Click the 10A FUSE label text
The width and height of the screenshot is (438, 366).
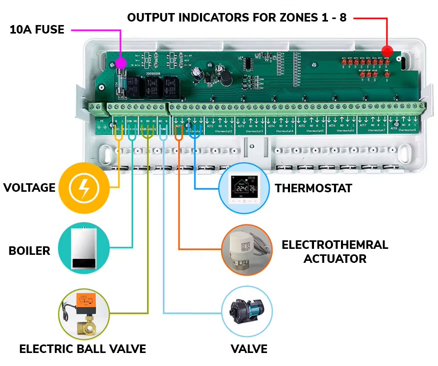click(37, 30)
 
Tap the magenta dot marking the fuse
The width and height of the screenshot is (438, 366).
click(120, 63)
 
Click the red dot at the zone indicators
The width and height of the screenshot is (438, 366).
click(386, 51)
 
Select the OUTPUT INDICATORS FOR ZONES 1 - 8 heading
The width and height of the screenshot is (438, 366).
click(236, 18)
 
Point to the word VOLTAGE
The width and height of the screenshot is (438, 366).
click(29, 188)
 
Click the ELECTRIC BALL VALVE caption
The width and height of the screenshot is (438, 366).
click(82, 349)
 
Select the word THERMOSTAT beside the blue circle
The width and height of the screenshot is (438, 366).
click(313, 188)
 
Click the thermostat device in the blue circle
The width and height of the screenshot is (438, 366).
click(245, 188)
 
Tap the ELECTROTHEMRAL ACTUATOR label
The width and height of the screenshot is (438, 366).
click(334, 252)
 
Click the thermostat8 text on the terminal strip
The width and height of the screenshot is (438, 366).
click(408, 131)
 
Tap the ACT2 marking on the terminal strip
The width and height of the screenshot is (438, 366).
click(210, 127)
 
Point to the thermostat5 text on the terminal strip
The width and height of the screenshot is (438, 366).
click(314, 131)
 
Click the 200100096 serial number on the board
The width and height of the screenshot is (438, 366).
click(155, 74)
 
